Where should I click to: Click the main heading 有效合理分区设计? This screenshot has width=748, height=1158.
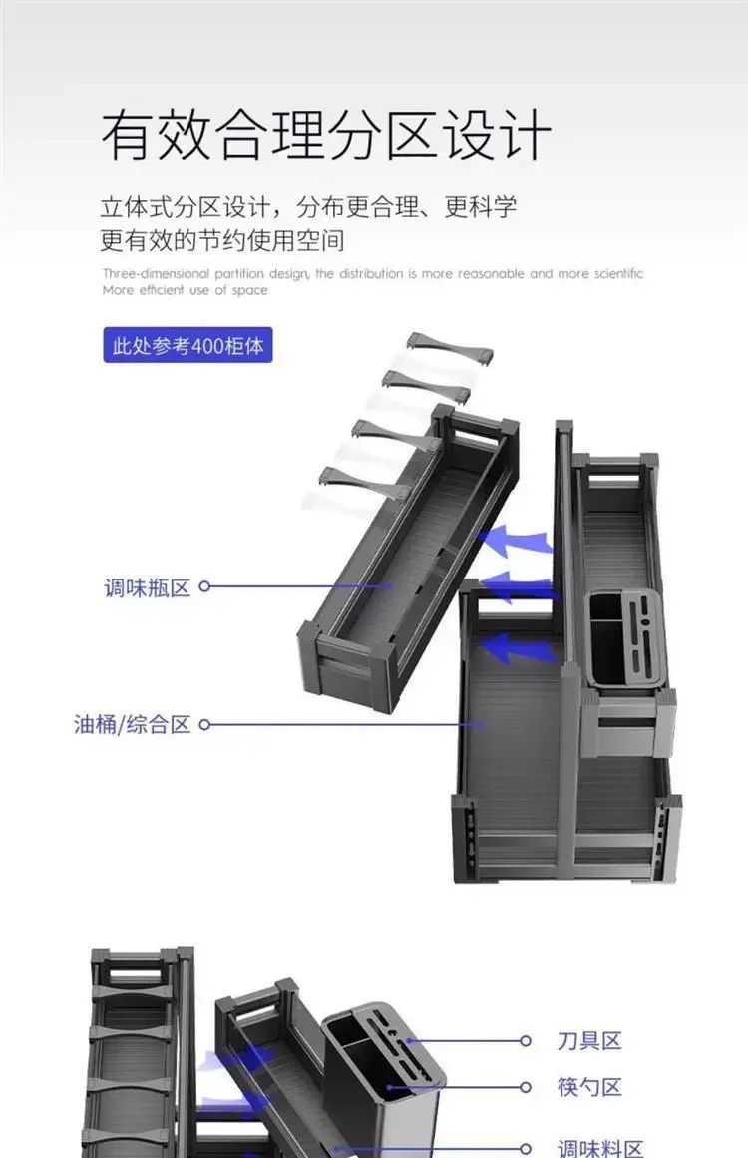[326, 135]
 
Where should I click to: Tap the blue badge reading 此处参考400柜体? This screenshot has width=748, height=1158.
[187, 346]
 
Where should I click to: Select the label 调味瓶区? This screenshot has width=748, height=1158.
[147, 587]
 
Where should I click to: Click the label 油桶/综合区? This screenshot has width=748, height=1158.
[133, 724]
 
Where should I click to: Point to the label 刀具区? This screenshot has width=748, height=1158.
[590, 1041]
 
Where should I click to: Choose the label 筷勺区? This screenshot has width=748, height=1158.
[590, 1087]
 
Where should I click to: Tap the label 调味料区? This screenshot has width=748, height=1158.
[600, 1147]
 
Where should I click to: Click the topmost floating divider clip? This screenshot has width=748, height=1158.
[450, 348]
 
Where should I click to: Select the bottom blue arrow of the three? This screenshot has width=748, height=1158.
[516, 648]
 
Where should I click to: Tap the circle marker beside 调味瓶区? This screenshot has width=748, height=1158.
[205, 586]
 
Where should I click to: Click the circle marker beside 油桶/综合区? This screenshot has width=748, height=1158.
[205, 724]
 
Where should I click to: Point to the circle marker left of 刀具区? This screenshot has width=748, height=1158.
[525, 1041]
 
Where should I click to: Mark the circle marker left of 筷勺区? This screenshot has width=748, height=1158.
[525, 1087]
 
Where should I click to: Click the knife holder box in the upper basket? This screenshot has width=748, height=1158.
[626, 641]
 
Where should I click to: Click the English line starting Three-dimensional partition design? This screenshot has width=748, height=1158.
[373, 274]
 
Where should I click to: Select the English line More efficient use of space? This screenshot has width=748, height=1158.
[186, 290]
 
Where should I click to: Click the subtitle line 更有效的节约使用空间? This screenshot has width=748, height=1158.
[222, 240]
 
